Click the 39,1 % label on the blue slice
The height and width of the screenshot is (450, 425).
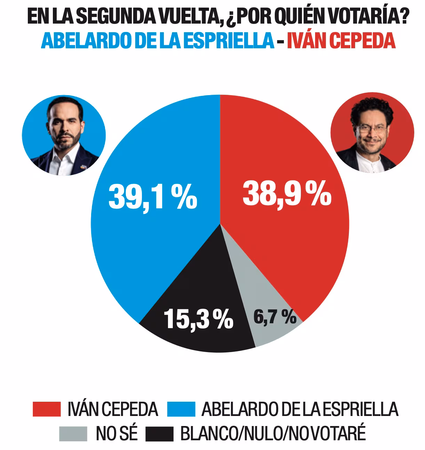coord(153,197)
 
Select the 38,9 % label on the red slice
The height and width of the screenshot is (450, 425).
coord(287,193)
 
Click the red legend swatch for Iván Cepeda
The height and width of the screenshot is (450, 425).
coord(47,409)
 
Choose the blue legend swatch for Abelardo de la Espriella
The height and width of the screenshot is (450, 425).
coord(181,409)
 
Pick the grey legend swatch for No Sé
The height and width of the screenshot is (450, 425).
coord(73,434)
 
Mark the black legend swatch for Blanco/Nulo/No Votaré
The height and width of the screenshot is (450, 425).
coord(160,434)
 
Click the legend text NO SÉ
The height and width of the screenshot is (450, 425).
coord(117,434)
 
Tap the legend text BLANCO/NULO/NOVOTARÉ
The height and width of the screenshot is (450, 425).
coord(273,434)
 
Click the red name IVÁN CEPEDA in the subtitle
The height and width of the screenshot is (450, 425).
coord(341,41)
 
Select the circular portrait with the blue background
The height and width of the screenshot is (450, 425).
coord(64,135)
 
